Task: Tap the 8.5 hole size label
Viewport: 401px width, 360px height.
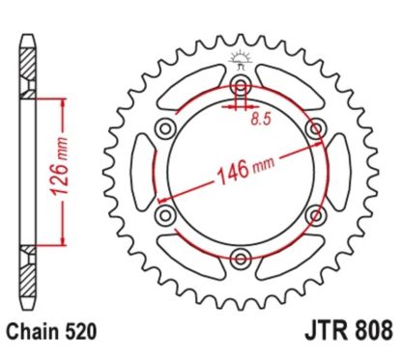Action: [x=259, y=121]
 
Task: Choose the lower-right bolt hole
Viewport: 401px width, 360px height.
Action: [x=312, y=213]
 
